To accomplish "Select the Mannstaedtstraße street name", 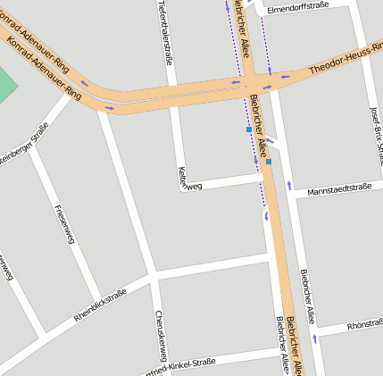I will click(x=338, y=188).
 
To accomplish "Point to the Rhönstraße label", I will click(x=364, y=323).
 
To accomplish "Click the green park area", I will click(x=5, y=83).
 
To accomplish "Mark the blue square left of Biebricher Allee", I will click(x=249, y=130).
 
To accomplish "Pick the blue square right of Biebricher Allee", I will click(x=268, y=163).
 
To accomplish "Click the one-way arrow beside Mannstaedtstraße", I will click(x=289, y=186).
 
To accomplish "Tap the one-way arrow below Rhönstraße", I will click(x=314, y=340).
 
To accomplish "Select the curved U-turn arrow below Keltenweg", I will click(x=264, y=215).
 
